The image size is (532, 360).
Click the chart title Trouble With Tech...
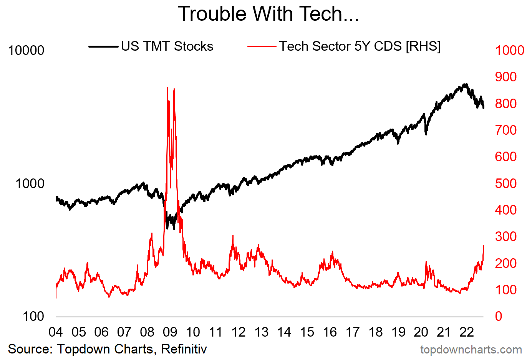[x=268, y=14]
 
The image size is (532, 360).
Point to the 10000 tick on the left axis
[x=26, y=50]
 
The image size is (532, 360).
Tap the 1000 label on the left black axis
[x=30, y=183]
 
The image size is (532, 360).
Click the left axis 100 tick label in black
[x=33, y=317]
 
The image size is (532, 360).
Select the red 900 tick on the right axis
[x=505, y=77]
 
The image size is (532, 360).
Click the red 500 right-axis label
[x=505, y=183]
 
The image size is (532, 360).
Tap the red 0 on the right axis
[x=499, y=317]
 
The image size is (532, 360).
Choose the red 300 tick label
[x=505, y=236]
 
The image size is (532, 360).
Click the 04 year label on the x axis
[x=56, y=332]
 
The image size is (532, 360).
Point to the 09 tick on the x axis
[x=170, y=332]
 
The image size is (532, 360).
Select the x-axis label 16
[x=330, y=332]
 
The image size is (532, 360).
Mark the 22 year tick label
[x=467, y=332]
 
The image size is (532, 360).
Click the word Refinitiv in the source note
[x=184, y=349]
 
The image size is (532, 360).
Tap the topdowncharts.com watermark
[x=471, y=350]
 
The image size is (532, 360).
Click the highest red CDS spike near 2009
[x=167, y=88]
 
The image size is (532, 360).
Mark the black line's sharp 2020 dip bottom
[x=426, y=134]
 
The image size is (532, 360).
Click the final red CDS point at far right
[x=483, y=246]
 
